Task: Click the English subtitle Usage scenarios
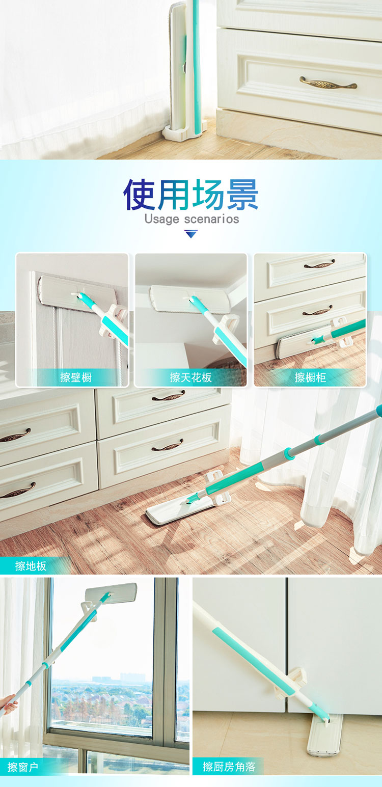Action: (192, 219)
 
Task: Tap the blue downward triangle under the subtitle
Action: (191, 234)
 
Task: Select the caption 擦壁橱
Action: (76, 377)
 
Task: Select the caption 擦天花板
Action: (191, 377)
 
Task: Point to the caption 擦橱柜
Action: (310, 377)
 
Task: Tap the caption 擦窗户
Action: (23, 767)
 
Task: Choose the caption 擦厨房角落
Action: (229, 767)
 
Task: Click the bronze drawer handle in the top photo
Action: (328, 83)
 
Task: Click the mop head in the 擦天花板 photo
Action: (190, 298)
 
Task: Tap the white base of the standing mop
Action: (183, 134)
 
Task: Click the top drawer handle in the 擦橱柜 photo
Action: (319, 263)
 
